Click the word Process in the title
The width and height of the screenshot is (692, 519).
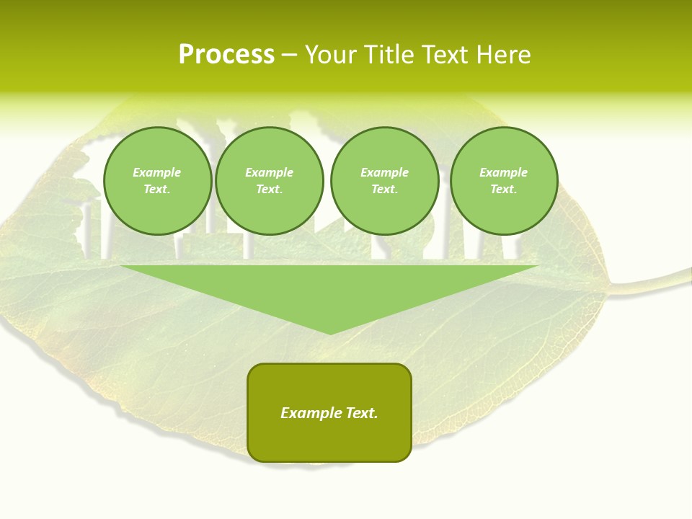click(x=226, y=55)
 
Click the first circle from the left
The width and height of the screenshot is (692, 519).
click(x=158, y=181)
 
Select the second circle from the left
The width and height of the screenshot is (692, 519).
click(x=270, y=181)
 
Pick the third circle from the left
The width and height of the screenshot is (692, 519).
click(x=385, y=181)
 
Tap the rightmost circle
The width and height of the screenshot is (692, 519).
click(x=504, y=181)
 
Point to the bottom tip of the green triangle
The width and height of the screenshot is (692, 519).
click(x=330, y=333)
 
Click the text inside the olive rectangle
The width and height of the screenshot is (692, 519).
click(x=329, y=413)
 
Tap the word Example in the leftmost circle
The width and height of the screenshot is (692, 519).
click(x=157, y=172)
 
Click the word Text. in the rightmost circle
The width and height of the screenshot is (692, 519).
click(x=504, y=190)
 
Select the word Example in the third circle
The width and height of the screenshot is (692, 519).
click(x=385, y=172)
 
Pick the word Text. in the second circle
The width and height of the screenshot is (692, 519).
click(x=270, y=190)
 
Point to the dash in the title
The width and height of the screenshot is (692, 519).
click(x=289, y=55)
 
